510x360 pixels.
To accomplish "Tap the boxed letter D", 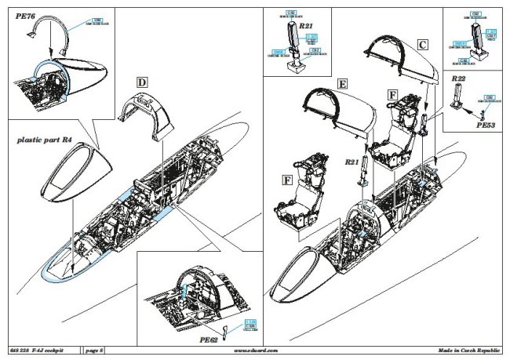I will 141,82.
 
